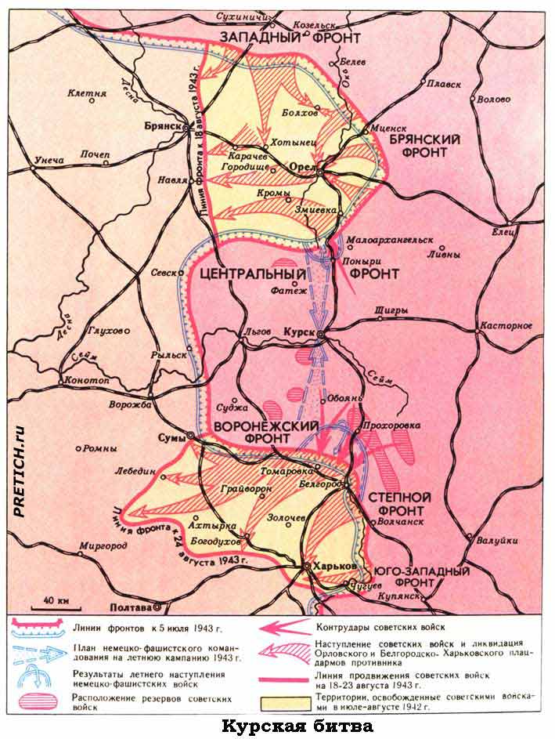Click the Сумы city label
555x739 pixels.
click(171, 437)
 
